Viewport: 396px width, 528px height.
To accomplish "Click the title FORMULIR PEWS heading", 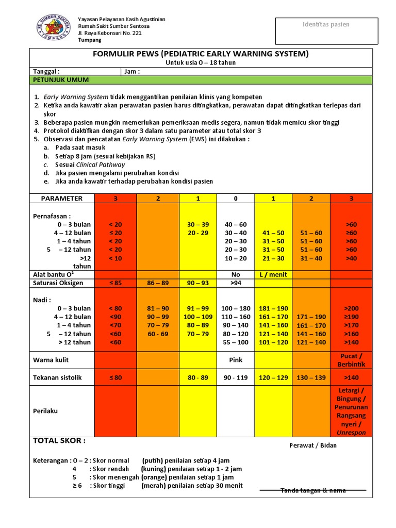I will click(201, 54).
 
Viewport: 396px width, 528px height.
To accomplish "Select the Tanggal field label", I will click(46, 72).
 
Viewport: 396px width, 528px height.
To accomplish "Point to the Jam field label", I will click(132, 72).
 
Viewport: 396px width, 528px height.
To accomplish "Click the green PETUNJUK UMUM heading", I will click(61, 80).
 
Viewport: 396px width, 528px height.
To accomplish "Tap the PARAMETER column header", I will click(62, 199).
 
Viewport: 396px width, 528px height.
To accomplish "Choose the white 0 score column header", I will click(236, 199).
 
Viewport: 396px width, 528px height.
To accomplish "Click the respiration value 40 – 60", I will click(236, 225).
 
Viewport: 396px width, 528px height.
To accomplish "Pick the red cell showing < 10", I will click(115, 258).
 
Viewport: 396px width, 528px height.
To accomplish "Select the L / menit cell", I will click(273, 275).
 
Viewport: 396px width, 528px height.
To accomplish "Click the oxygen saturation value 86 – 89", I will click(157, 283).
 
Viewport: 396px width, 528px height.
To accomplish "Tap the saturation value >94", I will click(236, 283).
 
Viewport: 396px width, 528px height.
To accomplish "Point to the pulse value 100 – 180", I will click(236, 308).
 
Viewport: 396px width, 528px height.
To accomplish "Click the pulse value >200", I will click(351, 308).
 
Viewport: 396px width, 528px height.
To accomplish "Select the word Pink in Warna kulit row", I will click(236, 360).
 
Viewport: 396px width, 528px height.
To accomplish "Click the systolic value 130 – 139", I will click(311, 377).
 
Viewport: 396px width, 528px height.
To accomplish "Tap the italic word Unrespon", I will click(351, 433).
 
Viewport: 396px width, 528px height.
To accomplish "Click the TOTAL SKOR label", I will click(59, 441).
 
